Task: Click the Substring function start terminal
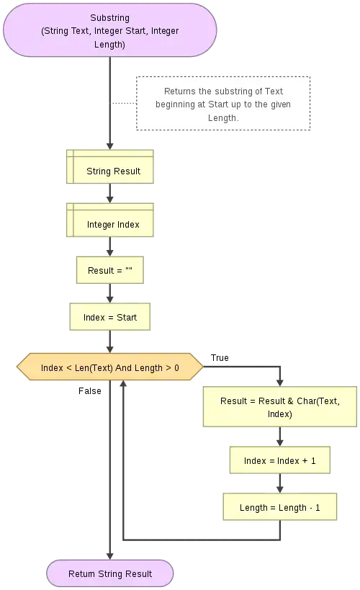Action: click(x=109, y=30)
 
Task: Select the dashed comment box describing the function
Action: click(x=222, y=104)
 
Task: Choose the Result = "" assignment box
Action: click(x=110, y=271)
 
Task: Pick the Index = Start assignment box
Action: click(x=110, y=317)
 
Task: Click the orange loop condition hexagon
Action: click(x=109, y=367)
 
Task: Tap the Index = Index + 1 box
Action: click(x=279, y=460)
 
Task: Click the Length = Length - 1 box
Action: click(x=279, y=507)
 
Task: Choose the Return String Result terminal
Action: click(x=110, y=573)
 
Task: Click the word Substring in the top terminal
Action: click(x=109, y=17)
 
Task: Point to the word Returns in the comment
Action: click(x=180, y=91)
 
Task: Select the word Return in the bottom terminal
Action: click(x=81, y=573)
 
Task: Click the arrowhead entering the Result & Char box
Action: click(x=279, y=382)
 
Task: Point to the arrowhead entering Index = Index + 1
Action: click(x=279, y=441)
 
